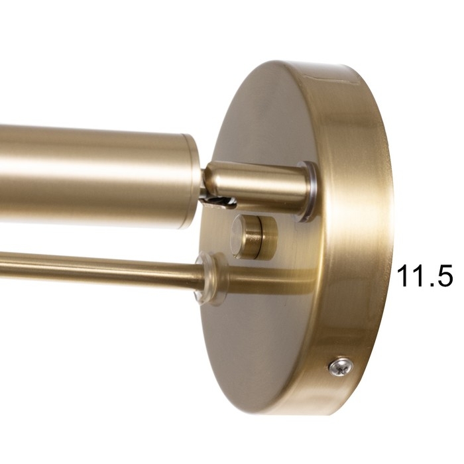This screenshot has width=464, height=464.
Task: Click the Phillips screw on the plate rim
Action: tap(341, 367)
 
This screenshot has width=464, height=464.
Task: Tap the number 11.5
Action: tap(425, 276)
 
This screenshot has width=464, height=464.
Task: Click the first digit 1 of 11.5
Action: tap(403, 276)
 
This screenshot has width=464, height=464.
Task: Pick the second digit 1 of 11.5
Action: tap(417, 276)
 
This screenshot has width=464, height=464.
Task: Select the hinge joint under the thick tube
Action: tap(217, 202)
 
